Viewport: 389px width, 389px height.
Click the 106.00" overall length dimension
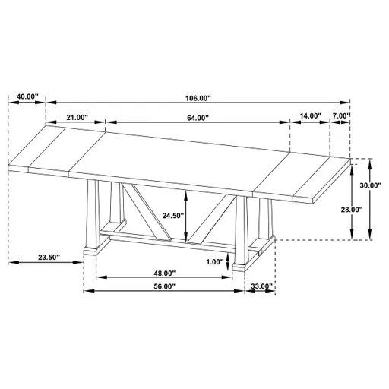[197, 98]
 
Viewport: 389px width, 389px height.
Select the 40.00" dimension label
[26, 96]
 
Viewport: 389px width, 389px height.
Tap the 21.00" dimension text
[76, 118]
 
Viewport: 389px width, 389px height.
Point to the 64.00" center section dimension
[197, 118]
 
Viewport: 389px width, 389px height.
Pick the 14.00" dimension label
[310, 116]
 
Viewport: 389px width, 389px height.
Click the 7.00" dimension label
[341, 116]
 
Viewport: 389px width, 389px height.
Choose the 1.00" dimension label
[215, 262]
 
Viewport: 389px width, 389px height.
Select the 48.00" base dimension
[163, 274]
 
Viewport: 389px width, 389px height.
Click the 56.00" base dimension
[163, 286]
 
